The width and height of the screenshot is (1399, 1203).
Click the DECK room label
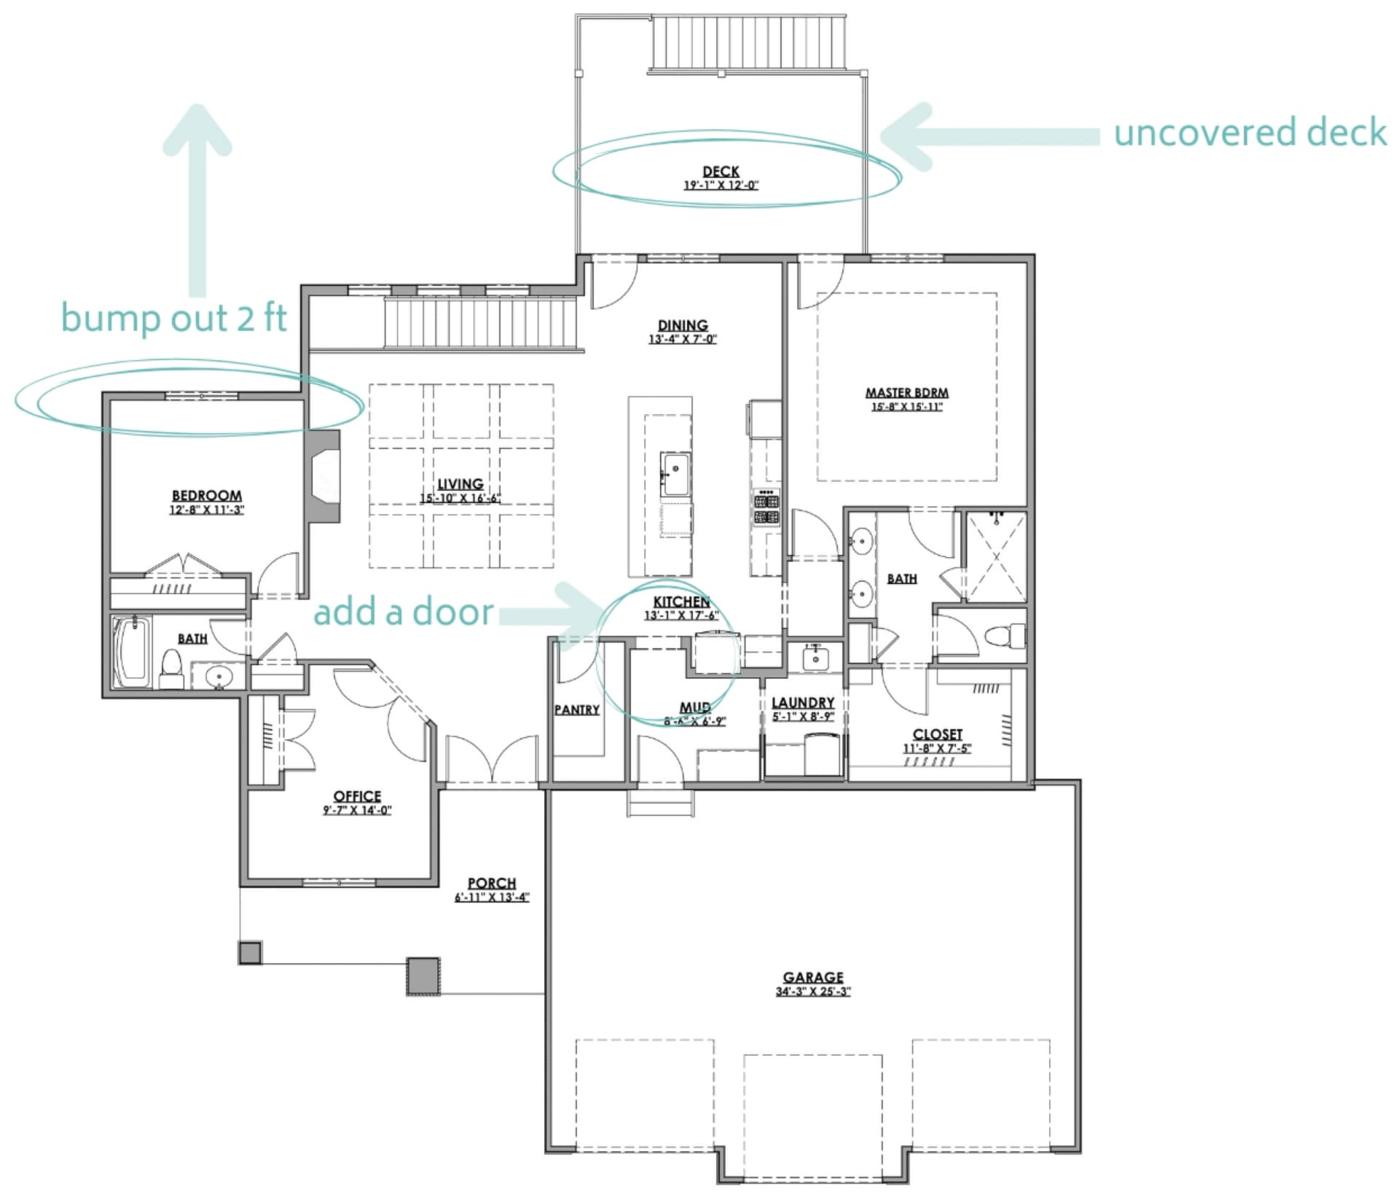[721, 171]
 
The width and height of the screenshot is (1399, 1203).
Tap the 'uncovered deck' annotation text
[1250, 133]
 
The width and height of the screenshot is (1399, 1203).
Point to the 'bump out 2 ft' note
[174, 318]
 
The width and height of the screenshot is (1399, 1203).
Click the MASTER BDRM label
[907, 392]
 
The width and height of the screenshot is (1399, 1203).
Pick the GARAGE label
[813, 977]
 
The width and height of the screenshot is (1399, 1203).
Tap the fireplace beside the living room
[323, 477]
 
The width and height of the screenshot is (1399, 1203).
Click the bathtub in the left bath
[132, 651]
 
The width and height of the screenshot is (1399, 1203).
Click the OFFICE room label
[357, 796]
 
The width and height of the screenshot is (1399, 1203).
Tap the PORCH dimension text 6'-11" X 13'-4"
[493, 897]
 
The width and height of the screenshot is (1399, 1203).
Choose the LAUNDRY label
[803, 703]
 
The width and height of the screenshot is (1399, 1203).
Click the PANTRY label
[577, 709]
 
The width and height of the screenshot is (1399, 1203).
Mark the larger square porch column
[423, 976]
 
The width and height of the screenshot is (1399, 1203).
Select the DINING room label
[683, 325]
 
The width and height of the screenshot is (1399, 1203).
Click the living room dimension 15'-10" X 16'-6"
[461, 499]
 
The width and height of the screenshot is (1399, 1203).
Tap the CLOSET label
[938, 734]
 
